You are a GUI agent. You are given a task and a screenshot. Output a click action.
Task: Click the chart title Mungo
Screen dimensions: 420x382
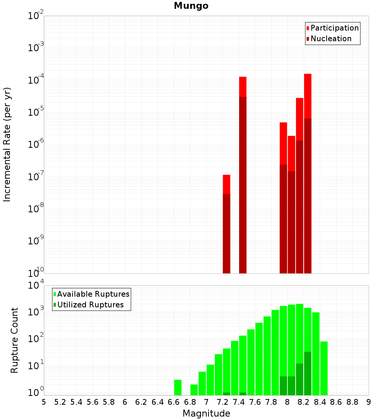click(191, 6)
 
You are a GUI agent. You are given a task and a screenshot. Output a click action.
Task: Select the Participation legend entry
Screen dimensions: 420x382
click(334, 28)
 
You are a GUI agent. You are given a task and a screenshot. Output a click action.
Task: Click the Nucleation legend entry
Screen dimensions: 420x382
click(330, 39)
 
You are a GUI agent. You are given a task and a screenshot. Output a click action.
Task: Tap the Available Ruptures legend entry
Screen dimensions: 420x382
click(93, 294)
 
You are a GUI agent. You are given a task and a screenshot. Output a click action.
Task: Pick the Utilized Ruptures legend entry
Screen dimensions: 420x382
click(90, 305)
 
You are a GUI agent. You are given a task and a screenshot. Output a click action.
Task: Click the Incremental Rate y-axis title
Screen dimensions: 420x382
click(7, 144)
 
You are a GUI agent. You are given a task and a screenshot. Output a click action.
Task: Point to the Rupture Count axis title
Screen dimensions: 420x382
click(15, 340)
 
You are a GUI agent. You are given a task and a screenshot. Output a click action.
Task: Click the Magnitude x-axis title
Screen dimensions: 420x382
click(206, 414)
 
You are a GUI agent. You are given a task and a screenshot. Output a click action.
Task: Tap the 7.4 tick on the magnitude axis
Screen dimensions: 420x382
click(239, 402)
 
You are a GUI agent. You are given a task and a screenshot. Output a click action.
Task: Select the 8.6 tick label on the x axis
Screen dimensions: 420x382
click(336, 402)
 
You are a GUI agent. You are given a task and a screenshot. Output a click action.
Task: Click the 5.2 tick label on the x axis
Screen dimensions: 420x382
click(60, 402)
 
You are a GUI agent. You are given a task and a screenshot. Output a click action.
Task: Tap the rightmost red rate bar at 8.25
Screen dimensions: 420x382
click(308, 172)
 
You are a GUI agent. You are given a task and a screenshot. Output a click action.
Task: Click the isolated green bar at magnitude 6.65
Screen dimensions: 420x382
click(178, 387)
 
